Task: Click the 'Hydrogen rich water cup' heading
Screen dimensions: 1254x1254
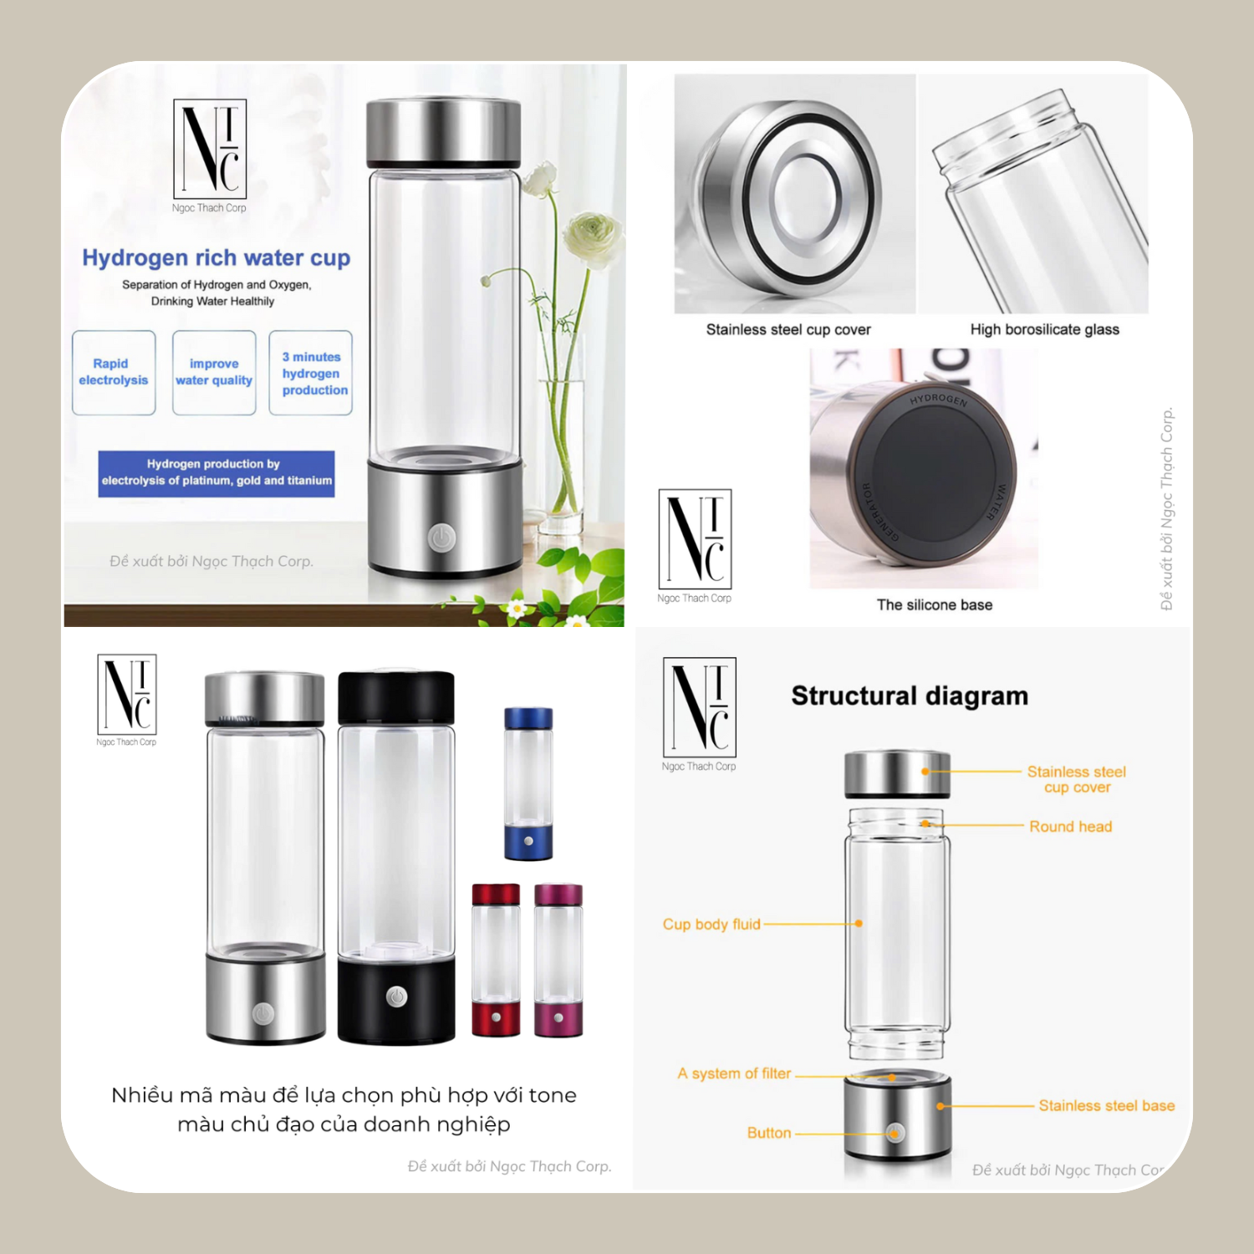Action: point(216,257)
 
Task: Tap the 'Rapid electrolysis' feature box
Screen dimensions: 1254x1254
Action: point(114,373)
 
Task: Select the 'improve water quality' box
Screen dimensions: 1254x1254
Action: point(214,373)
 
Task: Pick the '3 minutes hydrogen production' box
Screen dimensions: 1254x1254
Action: point(311,373)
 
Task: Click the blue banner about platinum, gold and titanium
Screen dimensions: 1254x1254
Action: point(217,474)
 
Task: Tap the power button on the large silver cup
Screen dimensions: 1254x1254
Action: point(442,538)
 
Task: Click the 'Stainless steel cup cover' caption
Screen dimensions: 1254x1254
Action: point(788,329)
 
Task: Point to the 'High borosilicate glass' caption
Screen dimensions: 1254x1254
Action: point(1045,329)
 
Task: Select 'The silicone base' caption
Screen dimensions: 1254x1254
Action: point(935,604)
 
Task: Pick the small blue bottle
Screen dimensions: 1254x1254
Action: point(528,783)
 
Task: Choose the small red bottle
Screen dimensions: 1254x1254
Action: point(496,960)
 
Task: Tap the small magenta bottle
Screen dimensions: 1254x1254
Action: point(558,960)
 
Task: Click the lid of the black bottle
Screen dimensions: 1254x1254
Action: point(396,698)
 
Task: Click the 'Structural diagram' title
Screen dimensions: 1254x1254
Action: point(910,696)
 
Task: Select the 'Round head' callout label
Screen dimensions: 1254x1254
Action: point(1071,826)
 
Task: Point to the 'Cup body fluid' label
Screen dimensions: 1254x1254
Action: point(711,924)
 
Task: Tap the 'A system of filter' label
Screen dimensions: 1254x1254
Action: point(734,1073)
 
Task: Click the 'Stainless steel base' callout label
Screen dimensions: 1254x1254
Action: point(1107,1105)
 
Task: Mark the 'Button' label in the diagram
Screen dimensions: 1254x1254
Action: point(769,1133)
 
